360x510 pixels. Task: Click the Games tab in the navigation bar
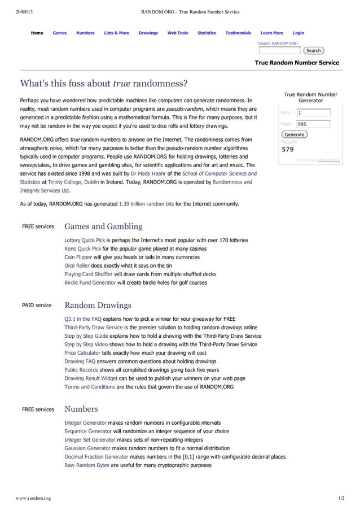point(59,33)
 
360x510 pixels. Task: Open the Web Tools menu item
point(178,33)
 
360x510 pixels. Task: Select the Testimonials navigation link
point(238,33)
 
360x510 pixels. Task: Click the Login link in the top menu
point(298,33)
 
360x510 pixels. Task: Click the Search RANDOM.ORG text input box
point(279,51)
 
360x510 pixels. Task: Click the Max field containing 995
point(313,124)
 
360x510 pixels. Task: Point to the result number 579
point(288,150)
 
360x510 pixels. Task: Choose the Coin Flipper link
point(78,257)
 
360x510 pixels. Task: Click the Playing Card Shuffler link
point(89,274)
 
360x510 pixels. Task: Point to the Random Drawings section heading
point(98,306)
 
